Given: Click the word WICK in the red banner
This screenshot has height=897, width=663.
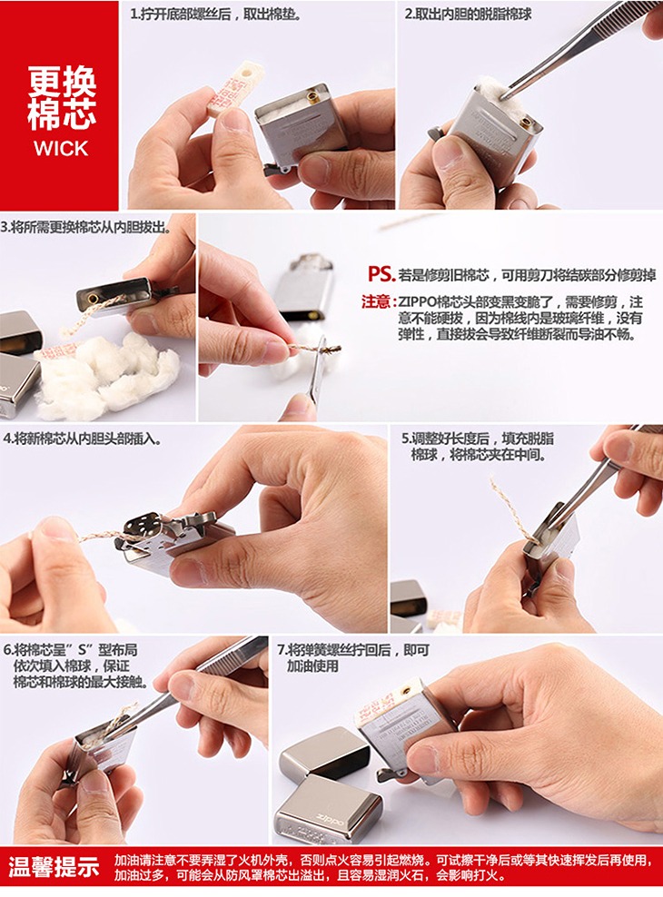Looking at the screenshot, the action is (x=61, y=149).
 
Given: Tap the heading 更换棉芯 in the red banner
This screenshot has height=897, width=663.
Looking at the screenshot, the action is (x=62, y=98).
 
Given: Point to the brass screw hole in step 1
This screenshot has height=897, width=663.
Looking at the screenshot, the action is (x=313, y=96).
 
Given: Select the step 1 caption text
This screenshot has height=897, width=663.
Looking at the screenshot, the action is (x=216, y=14).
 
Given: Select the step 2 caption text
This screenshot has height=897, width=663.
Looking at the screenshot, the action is (x=468, y=14).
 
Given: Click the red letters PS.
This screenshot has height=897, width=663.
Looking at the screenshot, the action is (x=381, y=274).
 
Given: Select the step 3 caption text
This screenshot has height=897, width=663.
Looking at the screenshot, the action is (x=85, y=227).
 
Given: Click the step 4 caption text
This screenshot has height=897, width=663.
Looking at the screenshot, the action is (x=83, y=439).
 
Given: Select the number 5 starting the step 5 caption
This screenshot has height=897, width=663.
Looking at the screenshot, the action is (x=406, y=439).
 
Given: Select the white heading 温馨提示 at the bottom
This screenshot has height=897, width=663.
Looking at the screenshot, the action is (x=54, y=867).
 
